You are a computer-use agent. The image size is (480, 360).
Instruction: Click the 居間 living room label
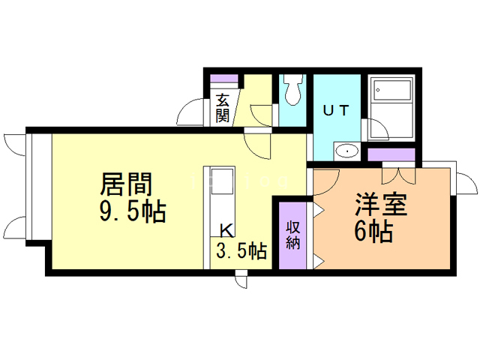[127, 184]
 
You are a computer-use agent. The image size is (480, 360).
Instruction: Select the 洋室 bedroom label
[382, 204]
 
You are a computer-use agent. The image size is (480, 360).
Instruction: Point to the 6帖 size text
[373, 232]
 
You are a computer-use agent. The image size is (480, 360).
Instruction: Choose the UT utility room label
[335, 109]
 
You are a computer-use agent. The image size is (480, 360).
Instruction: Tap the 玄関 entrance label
[223, 107]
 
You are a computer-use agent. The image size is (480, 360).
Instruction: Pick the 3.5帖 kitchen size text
[241, 250]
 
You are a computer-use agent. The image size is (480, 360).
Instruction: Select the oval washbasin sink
[346, 151]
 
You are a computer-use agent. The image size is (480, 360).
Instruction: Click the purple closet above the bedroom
[391, 155]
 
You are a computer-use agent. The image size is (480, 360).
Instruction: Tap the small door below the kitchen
[241, 280]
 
